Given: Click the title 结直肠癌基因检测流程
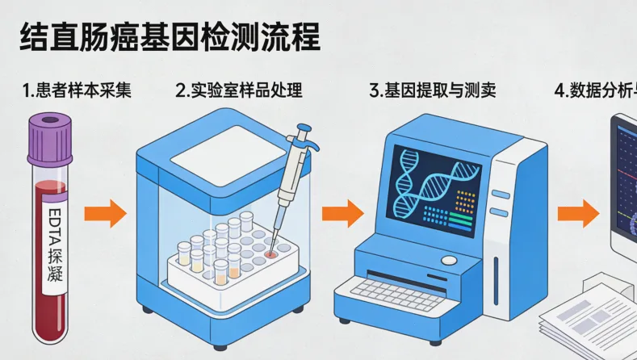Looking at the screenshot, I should pyautogui.click(x=169, y=38).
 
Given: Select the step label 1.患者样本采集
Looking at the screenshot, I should pyautogui.click(x=77, y=90).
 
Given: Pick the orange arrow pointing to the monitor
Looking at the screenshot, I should pyautogui.click(x=577, y=214).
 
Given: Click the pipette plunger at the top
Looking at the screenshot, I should pyautogui.click(x=304, y=130).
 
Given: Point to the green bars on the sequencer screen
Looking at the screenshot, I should pyautogui.click(x=460, y=220).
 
